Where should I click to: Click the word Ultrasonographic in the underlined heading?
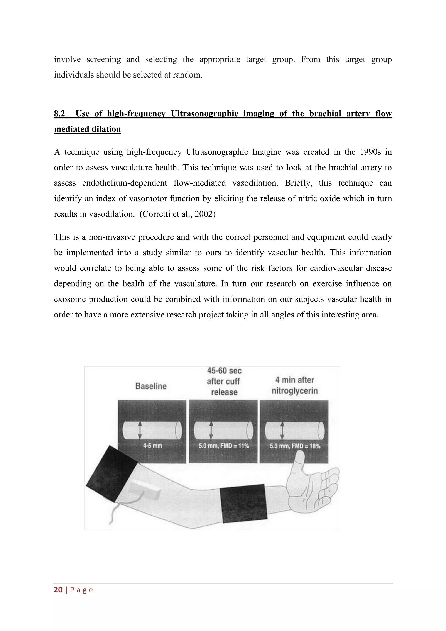click(204, 114)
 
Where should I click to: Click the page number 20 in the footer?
click(58, 590)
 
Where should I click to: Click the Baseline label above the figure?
click(151, 386)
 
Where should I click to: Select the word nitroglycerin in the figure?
click(294, 390)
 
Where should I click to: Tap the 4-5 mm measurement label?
click(152, 446)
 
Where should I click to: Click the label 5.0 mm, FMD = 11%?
click(224, 446)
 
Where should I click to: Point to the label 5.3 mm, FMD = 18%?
click(295, 446)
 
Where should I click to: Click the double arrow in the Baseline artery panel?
click(140, 430)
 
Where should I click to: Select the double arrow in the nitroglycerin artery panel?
click(282, 430)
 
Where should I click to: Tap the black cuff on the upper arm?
click(111, 473)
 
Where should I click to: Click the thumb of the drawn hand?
click(298, 462)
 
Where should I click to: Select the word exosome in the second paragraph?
click(70, 299)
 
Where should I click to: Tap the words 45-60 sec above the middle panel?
click(224, 371)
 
